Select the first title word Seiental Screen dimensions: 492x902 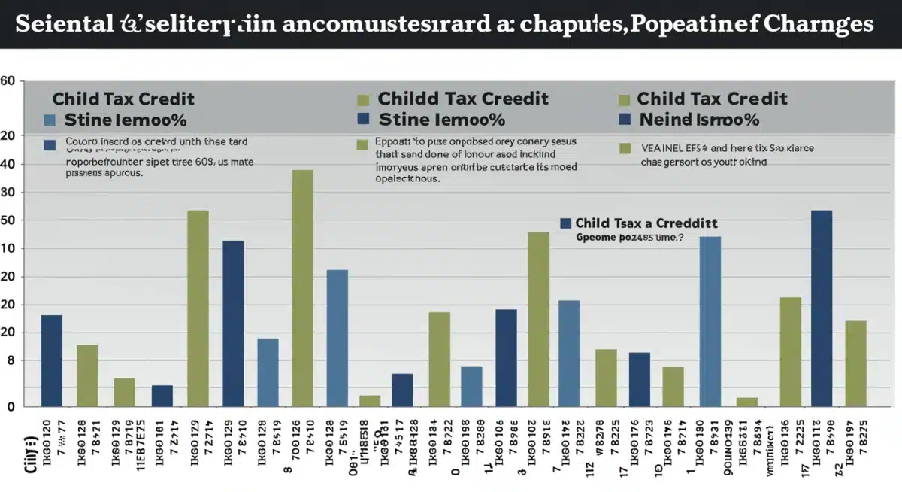pos(62,23)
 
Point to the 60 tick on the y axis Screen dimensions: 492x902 pos(8,80)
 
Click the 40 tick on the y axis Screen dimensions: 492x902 pos(9,164)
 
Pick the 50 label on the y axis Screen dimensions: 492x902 pos(9,220)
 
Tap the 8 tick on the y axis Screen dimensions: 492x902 pos(9,361)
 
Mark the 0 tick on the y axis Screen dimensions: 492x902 pos(11,406)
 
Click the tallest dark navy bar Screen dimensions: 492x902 pos(822,308)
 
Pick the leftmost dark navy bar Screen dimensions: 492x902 pos(52,360)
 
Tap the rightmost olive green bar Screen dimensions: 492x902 pos(856,363)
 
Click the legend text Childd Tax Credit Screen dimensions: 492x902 pos(463,99)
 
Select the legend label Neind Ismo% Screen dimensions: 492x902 pos(699,120)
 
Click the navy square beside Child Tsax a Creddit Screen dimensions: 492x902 pos(566,223)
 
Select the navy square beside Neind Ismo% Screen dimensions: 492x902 pos(624,119)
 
